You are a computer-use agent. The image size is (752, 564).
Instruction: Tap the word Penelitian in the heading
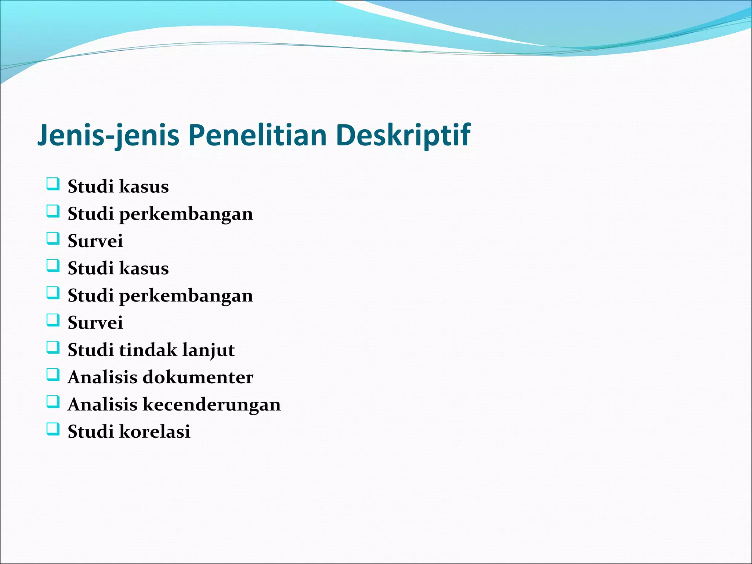click(x=257, y=135)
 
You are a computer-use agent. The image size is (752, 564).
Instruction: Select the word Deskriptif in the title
click(x=403, y=135)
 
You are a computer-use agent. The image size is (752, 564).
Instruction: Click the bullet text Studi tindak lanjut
click(x=151, y=350)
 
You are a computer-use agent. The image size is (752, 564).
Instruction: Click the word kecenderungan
click(x=211, y=404)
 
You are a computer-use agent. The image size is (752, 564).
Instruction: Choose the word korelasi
click(x=155, y=431)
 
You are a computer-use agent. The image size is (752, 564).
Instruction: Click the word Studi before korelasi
click(x=90, y=431)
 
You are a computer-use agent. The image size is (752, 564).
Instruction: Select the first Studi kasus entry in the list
click(x=118, y=187)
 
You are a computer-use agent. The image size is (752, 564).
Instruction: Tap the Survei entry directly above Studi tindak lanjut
click(x=95, y=323)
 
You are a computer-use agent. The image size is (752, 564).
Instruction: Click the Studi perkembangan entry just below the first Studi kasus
click(x=160, y=214)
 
